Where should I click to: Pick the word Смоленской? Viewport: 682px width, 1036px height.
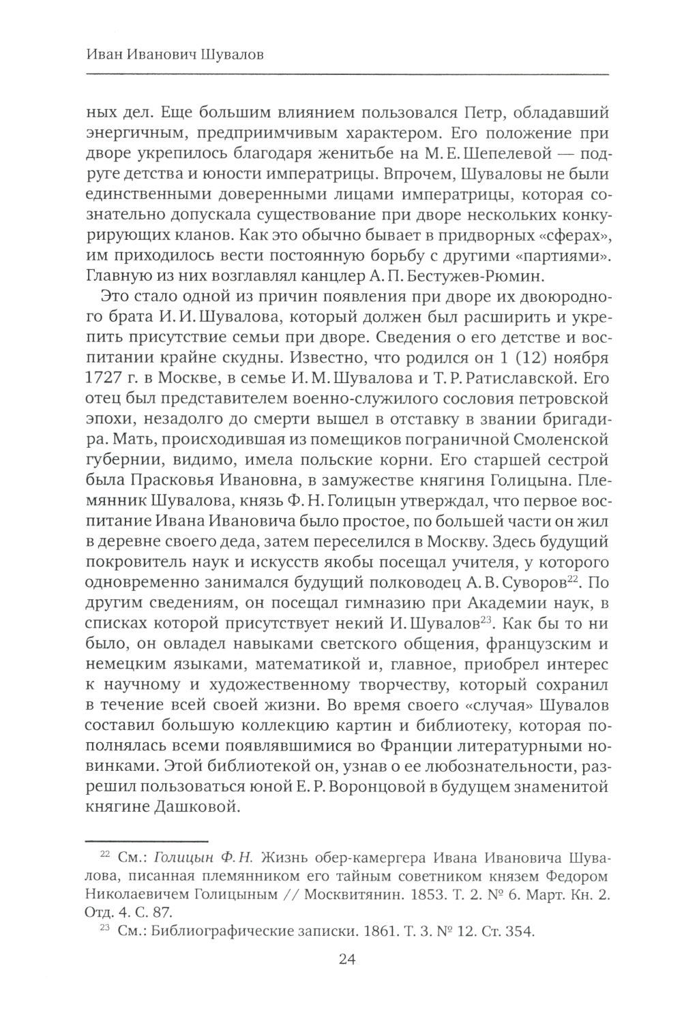(552, 436)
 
